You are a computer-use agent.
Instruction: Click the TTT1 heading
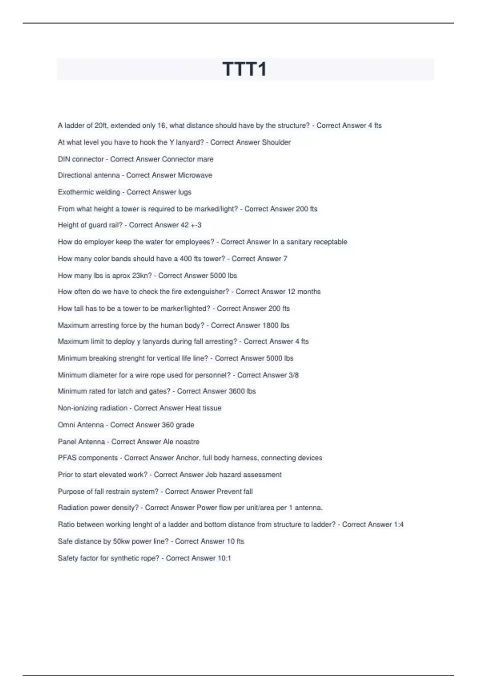point(244,69)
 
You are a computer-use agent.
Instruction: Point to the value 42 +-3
point(191,225)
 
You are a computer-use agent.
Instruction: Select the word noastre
point(187,442)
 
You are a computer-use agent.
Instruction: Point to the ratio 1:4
point(399,524)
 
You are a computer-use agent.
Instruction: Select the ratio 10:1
point(224,558)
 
